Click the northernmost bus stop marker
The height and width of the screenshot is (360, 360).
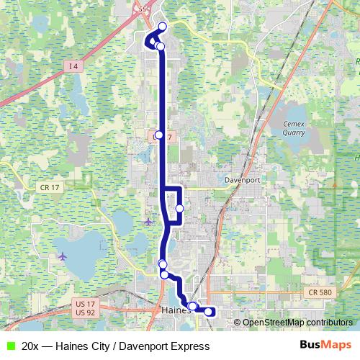pyautogui.click(x=162, y=27)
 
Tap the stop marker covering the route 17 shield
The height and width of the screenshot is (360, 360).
pyautogui.click(x=159, y=135)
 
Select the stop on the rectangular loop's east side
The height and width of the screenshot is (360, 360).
pyautogui.click(x=179, y=209)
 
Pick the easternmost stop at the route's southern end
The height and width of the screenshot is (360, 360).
pyautogui.click(x=210, y=312)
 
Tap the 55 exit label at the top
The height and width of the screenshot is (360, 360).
pyautogui.click(x=143, y=9)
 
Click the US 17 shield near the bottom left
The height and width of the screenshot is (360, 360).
pyautogui.click(x=84, y=304)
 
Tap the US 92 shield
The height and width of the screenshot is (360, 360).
pyautogui.click(x=84, y=312)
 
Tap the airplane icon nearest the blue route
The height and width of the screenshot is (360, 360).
pyautogui.click(x=148, y=220)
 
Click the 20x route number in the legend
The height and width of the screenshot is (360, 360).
pyautogui.click(x=30, y=346)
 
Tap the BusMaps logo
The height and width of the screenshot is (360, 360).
pyautogui.click(x=326, y=346)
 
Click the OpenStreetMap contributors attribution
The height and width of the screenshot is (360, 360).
pyautogui.click(x=297, y=323)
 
